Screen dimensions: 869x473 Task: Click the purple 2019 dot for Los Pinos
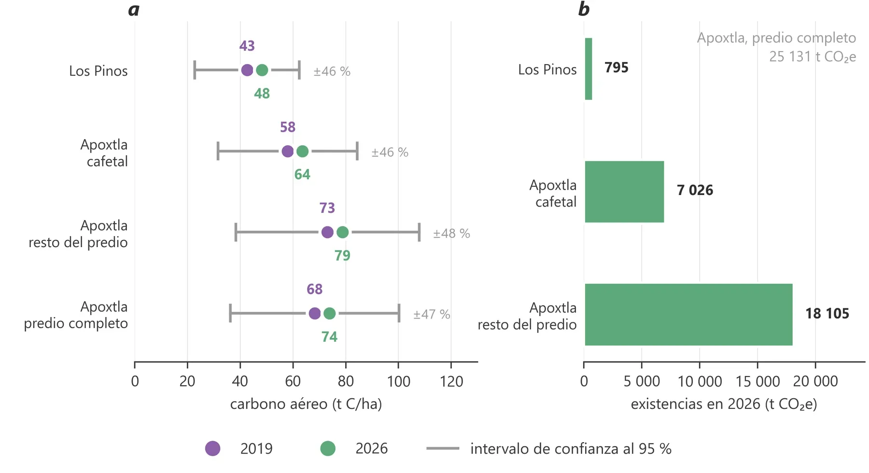point(247,70)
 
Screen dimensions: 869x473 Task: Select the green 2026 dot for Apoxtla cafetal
point(302,152)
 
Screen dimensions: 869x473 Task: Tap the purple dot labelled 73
point(327,233)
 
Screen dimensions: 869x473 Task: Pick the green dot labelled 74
point(329,314)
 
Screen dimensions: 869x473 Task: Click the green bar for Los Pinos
point(588,69)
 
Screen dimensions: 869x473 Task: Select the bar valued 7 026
point(624,192)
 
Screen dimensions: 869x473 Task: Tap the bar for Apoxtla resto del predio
point(688,315)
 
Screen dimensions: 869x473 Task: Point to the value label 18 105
point(827,314)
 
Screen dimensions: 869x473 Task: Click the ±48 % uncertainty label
point(451,234)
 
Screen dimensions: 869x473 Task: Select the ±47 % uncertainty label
point(432,315)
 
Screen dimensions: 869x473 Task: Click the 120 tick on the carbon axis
point(451,381)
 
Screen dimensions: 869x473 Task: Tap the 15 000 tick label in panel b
point(757,381)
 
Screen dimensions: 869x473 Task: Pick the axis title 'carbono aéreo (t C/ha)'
point(306,404)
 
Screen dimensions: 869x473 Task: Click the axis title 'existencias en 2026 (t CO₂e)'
point(724,404)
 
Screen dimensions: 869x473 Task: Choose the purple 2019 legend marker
point(212,448)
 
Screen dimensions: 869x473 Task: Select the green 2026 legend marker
point(328,448)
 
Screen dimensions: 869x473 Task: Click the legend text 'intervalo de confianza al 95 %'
point(571,449)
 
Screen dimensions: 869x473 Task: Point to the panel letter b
point(584,9)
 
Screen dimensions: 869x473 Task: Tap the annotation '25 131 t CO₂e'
point(813,57)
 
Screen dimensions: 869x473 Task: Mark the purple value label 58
point(288,127)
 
